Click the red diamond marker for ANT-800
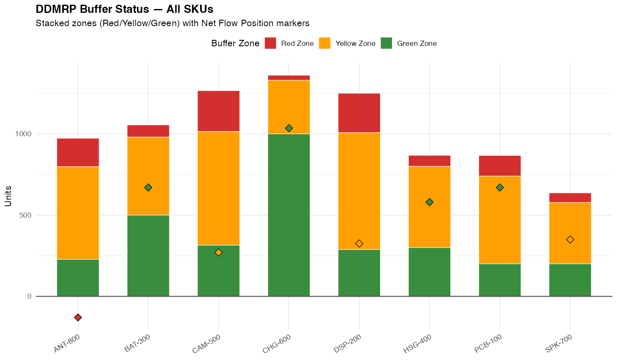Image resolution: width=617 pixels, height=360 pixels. tap(78, 318)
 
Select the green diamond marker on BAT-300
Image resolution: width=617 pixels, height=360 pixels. tap(148, 187)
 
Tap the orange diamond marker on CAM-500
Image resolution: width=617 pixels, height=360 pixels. tap(219, 252)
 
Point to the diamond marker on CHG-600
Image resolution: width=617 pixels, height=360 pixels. tap(289, 128)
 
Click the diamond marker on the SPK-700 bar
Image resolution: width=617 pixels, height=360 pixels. tap(570, 240)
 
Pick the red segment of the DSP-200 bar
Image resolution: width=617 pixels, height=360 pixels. tap(359, 113)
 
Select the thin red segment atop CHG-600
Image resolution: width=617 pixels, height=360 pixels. tap(289, 78)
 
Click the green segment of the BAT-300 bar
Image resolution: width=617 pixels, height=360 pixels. tap(148, 255)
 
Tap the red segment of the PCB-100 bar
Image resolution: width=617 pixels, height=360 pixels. tap(500, 165)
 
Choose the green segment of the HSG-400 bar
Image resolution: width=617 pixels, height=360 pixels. tap(429, 272)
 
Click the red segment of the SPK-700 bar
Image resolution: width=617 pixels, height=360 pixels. tap(570, 198)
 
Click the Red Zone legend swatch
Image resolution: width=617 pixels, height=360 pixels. tap(270, 43)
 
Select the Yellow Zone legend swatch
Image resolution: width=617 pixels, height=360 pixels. tap(325, 43)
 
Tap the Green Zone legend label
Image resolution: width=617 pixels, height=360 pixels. tap(416, 43)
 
